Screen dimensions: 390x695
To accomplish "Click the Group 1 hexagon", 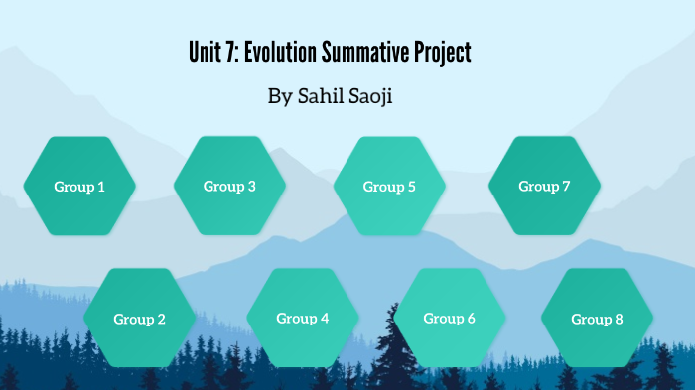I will click(79, 186).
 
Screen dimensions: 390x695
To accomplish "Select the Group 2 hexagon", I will click(139, 319).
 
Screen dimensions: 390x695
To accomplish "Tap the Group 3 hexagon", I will click(229, 186).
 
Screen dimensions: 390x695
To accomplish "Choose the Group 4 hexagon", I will click(303, 318).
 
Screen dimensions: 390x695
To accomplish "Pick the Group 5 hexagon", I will click(389, 186).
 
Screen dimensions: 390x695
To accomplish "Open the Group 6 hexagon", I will click(450, 318).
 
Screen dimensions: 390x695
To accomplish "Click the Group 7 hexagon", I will click(544, 186).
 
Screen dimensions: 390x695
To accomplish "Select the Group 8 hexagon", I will click(597, 319).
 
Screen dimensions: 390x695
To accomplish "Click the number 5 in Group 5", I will click(411, 186).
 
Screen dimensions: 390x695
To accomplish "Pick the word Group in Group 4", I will click(296, 318).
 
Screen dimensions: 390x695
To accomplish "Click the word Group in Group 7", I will click(538, 186).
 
